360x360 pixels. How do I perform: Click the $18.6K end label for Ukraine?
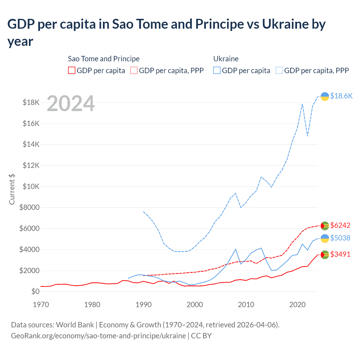pos(341,96)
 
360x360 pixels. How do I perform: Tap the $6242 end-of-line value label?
pos(340,225)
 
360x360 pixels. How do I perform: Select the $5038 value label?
pos(340,238)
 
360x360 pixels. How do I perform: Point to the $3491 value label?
pos(340,254)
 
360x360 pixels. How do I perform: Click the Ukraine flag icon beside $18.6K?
pos(325,96)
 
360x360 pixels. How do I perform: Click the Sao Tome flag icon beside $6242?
pos(325,226)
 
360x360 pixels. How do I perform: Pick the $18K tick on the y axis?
pos(31,102)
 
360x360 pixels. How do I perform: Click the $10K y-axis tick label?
pos(31,186)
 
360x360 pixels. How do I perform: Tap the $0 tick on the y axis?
pos(35,291)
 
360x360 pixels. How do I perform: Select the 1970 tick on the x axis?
pos(41,305)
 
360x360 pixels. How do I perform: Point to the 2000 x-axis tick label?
pos(195,305)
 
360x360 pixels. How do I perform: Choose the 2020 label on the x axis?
pos(297,305)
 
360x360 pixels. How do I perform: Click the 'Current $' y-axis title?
pos(12,189)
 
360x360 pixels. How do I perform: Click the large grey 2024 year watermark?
pos(71,103)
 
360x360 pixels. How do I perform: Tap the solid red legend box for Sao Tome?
pos(72,70)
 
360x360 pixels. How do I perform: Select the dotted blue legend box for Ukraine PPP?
pos(279,70)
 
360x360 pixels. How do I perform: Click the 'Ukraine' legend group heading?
pos(226,59)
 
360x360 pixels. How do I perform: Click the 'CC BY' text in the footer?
pos(201,336)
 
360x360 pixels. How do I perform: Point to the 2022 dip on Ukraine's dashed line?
pos(307,136)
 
